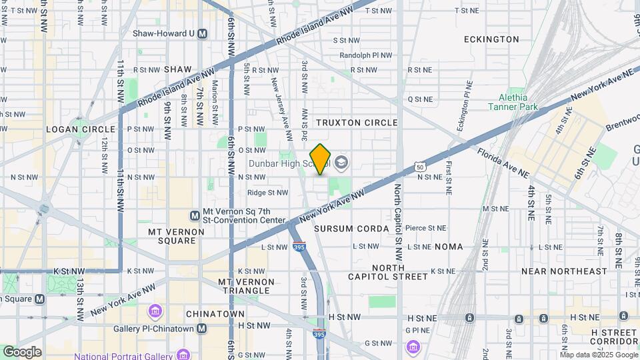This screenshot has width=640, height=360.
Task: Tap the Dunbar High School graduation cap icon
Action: point(341,162)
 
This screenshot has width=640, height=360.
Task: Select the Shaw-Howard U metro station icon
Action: point(202,33)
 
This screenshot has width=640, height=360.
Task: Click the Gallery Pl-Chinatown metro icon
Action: point(202,329)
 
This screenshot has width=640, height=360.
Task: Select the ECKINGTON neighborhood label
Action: point(491,39)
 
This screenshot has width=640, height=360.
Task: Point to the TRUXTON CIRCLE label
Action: point(357,123)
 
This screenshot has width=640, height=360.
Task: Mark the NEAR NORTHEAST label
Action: point(564,271)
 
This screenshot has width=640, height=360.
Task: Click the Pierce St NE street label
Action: point(425,228)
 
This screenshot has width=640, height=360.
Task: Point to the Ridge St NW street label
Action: point(268,193)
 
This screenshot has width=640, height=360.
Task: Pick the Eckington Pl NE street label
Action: point(465,106)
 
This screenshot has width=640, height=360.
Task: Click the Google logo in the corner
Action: point(22,351)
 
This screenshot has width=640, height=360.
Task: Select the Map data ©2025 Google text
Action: point(598,355)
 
